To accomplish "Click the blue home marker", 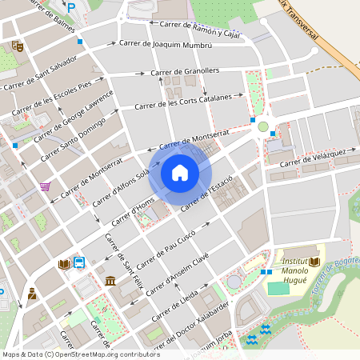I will coord(180,173).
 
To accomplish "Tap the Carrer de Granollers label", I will coord(185,73).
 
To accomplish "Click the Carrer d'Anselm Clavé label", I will coord(177,277).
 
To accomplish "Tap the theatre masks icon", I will coord(17,47).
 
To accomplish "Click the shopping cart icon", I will coord(46,187).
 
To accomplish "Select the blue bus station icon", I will coord(79,262).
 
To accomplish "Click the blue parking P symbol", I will coord(71,7).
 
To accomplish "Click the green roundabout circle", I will coord(262,126).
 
